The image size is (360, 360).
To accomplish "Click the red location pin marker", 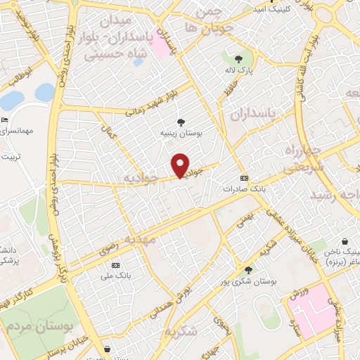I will (181, 165).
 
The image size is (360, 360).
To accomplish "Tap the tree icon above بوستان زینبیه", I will (181, 122).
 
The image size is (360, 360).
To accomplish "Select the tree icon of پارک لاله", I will (238, 59).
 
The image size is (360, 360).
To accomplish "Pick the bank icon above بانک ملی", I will (115, 265).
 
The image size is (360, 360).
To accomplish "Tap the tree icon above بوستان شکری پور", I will (248, 269).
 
